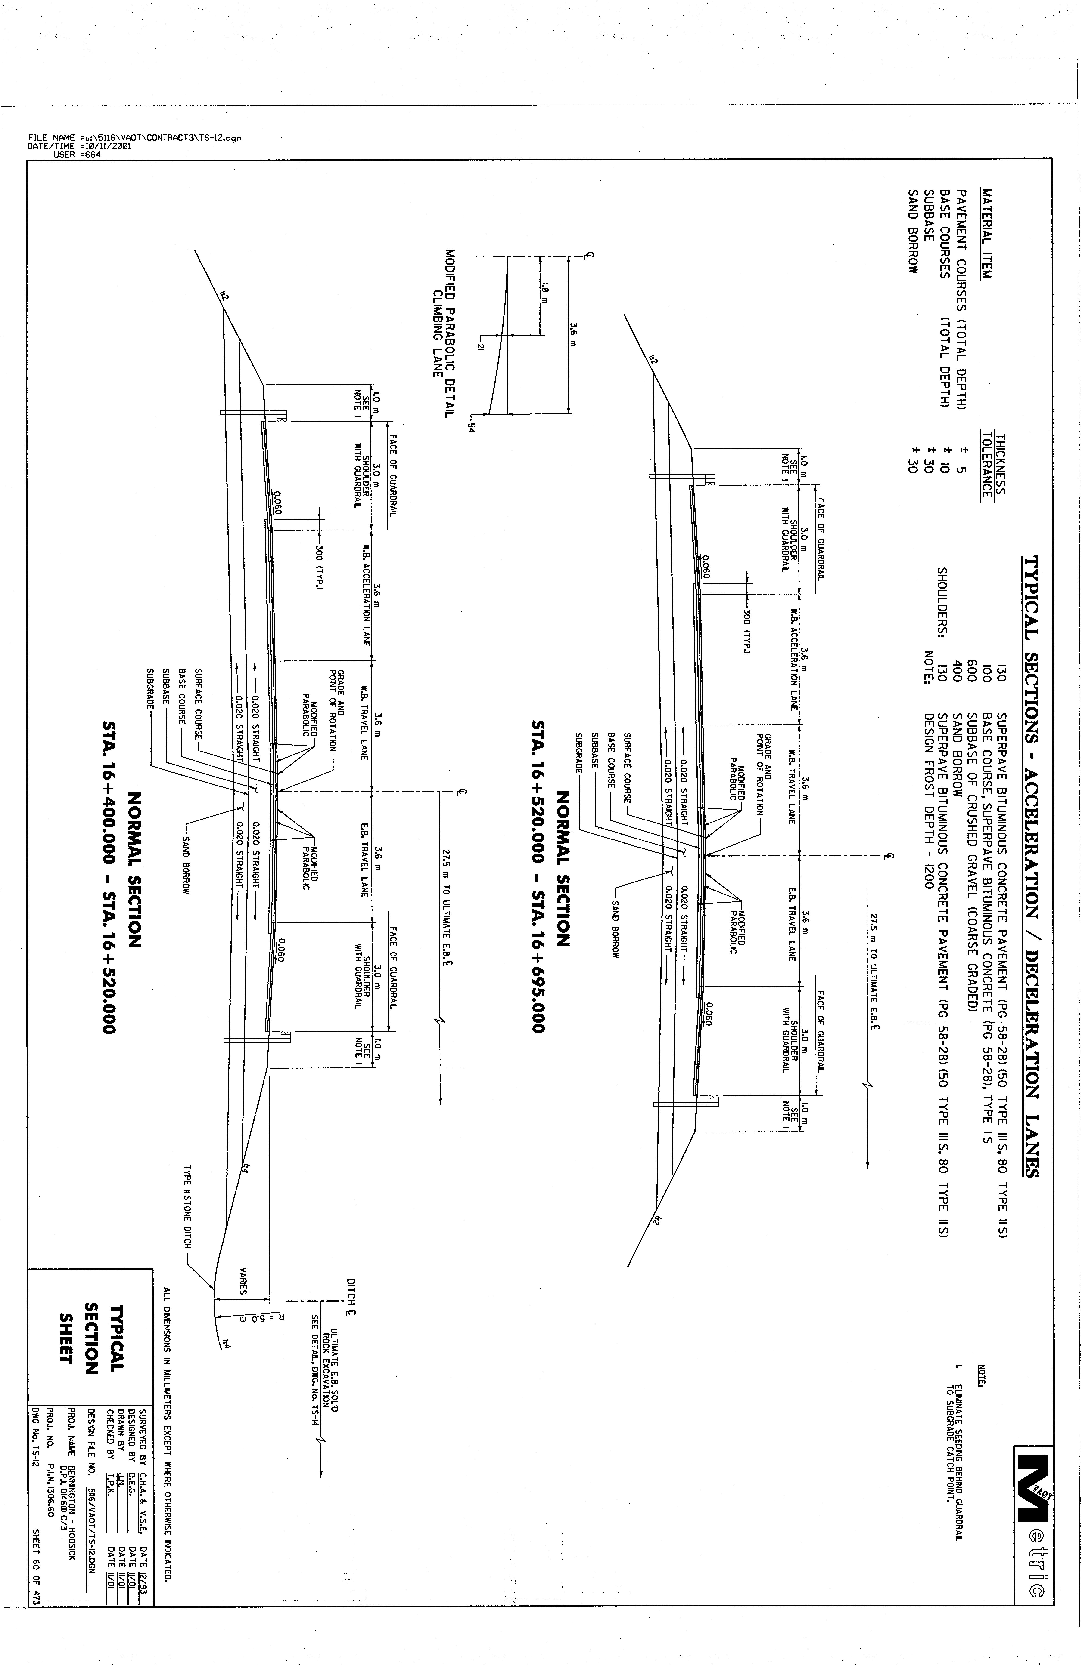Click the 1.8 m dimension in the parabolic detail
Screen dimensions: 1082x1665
544,293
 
